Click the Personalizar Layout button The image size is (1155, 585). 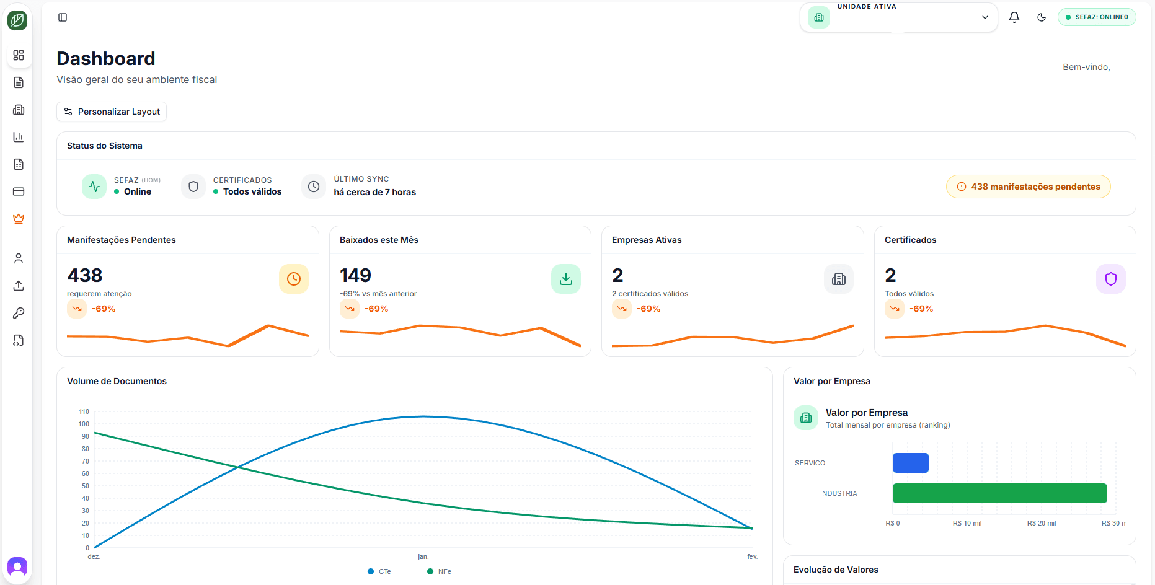[112, 112]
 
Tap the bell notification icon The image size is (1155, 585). [1014, 17]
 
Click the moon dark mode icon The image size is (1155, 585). [1042, 17]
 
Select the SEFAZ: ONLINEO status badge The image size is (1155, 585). [1097, 17]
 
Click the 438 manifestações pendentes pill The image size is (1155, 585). [1028, 187]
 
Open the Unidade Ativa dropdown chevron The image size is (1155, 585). [985, 17]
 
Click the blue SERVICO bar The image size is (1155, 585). [910, 463]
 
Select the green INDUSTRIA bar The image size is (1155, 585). [999, 493]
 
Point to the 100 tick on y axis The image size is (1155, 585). [84, 424]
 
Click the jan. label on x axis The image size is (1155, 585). [423, 556]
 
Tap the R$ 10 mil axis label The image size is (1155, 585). [967, 523]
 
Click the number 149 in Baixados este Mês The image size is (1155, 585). [355, 275]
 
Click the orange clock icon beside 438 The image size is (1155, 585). [293, 279]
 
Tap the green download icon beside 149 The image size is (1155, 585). [565, 279]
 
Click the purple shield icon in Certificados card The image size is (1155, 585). [1110, 279]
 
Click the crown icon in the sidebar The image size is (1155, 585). [19, 219]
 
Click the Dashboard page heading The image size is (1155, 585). [106, 58]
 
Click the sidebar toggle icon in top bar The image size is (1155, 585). [63, 17]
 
